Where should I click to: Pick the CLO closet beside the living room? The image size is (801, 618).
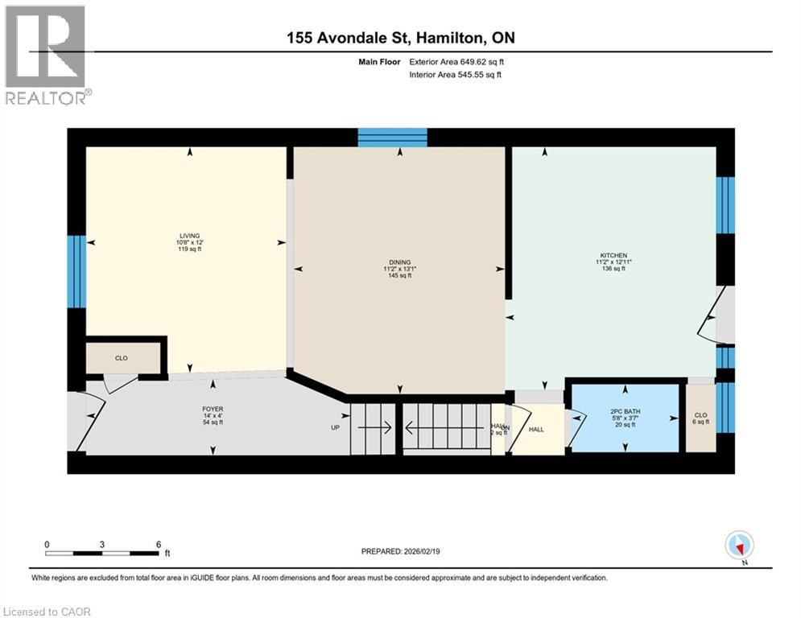[x=121, y=358]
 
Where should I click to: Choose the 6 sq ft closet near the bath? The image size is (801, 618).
[x=700, y=418]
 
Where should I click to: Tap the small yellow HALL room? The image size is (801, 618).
[x=535, y=430]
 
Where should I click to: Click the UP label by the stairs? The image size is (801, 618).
[x=336, y=427]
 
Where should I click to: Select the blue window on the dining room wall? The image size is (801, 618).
[x=392, y=138]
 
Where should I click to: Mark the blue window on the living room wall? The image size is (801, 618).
[x=76, y=272]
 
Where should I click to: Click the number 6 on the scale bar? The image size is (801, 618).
[x=159, y=543]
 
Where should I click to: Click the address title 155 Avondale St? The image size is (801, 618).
[x=400, y=38]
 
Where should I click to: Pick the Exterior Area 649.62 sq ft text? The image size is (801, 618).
[x=456, y=61]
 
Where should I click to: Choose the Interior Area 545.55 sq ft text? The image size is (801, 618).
[x=455, y=75]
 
